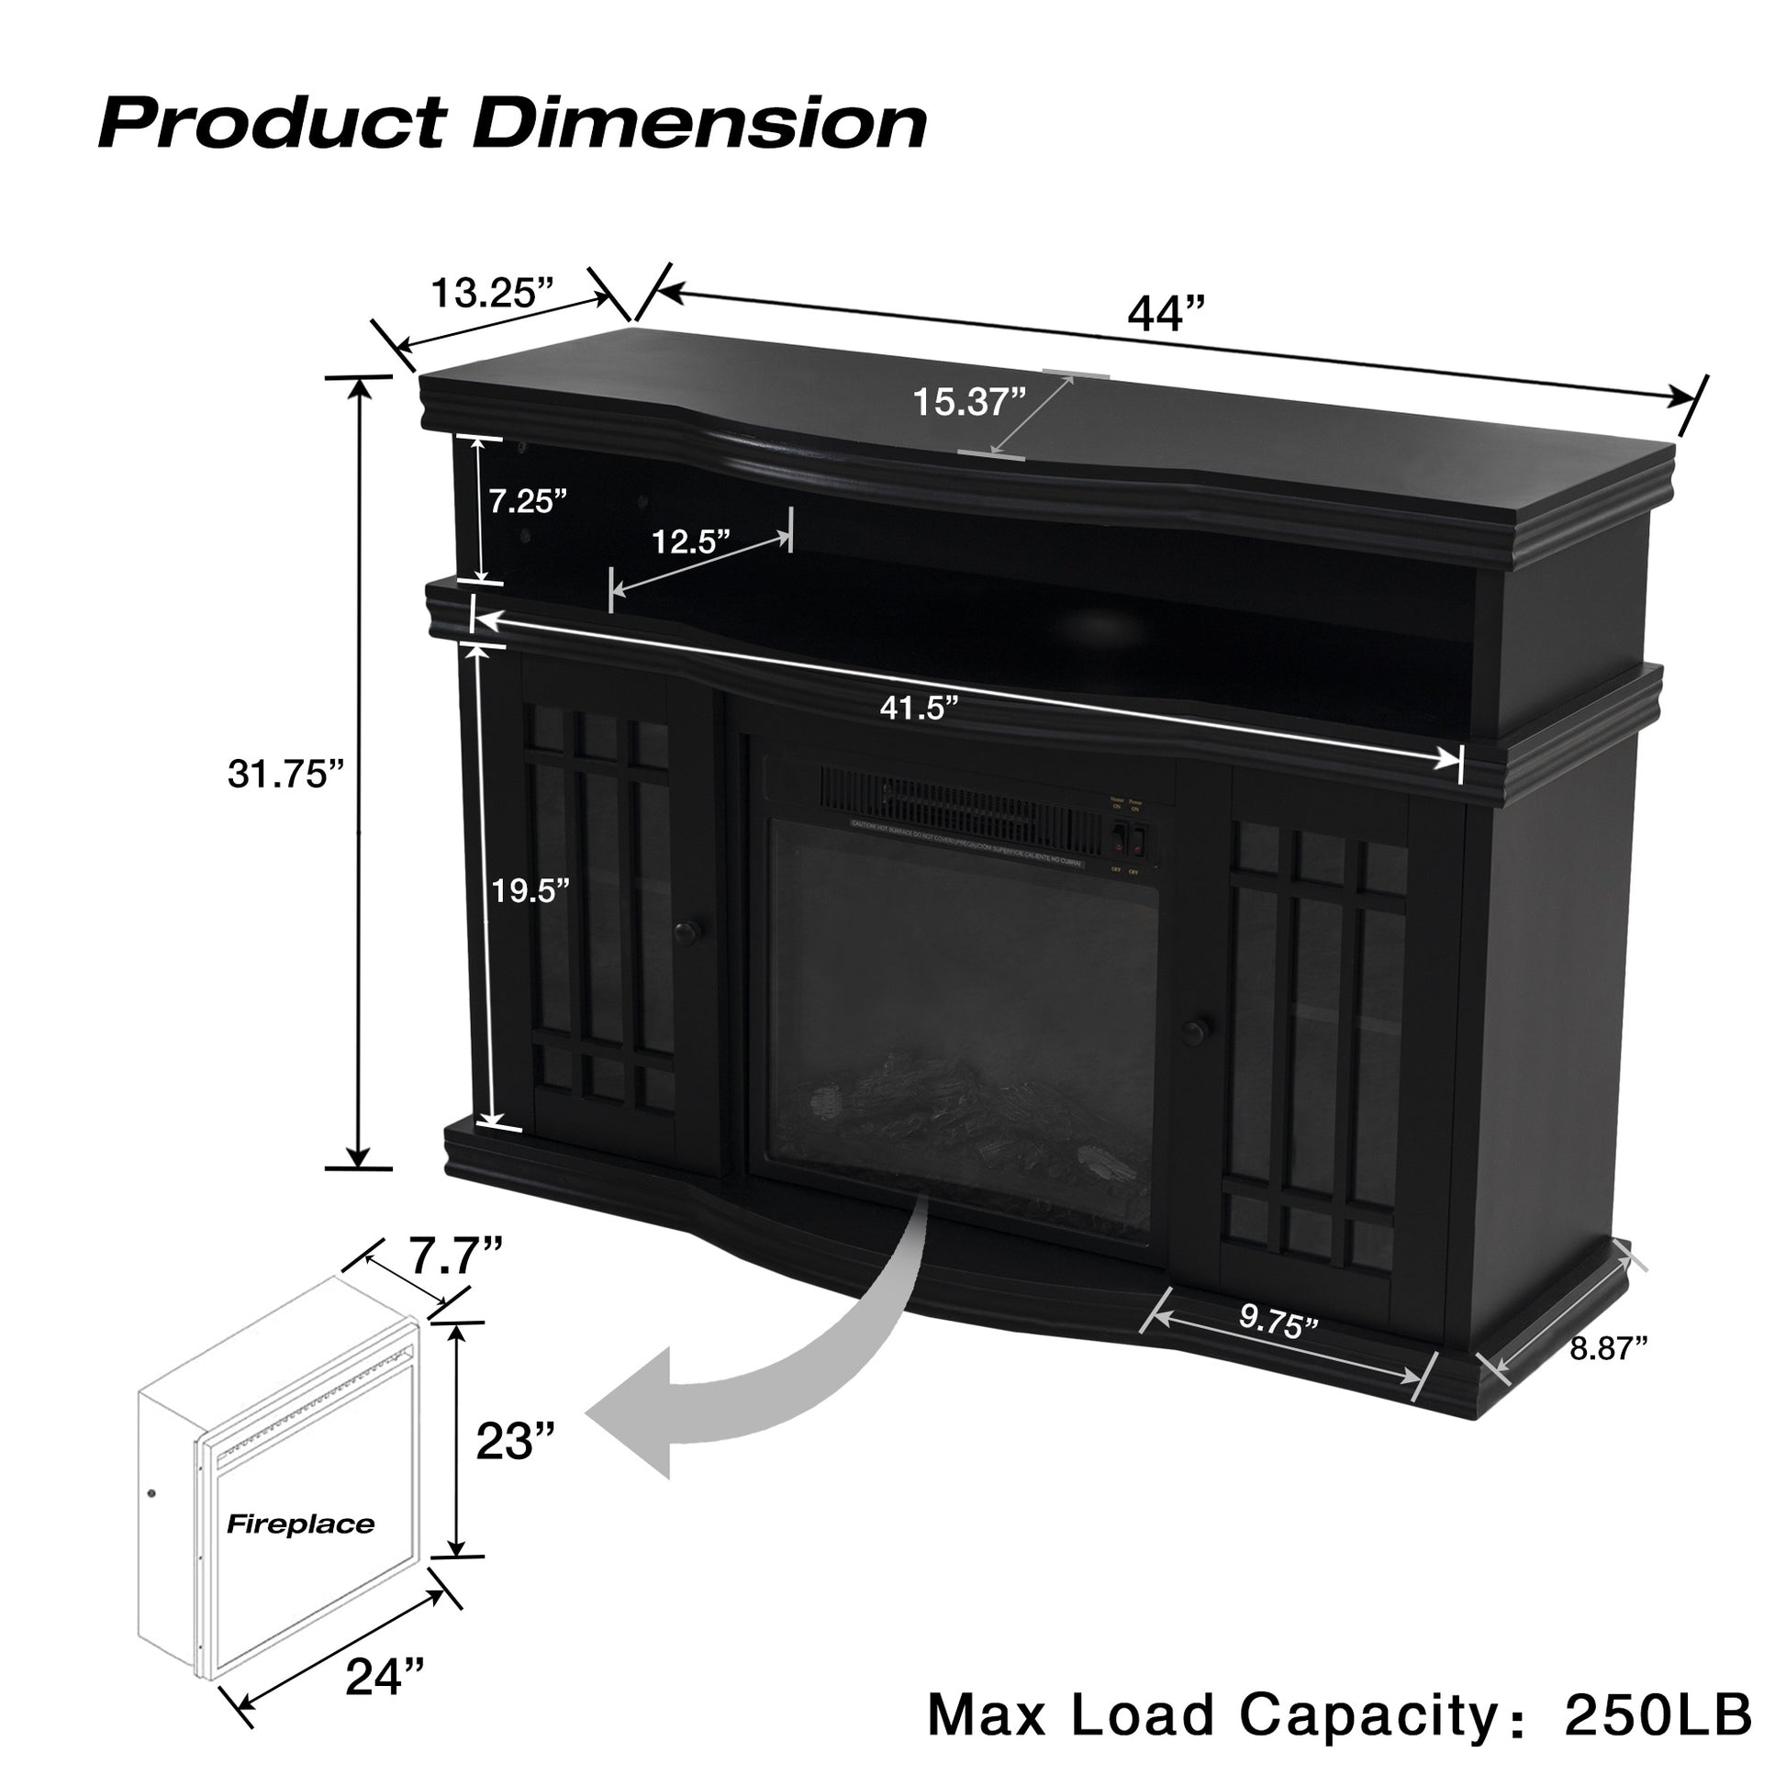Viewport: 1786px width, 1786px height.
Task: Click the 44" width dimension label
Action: coord(1167,315)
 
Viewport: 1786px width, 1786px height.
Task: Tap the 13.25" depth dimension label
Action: coord(492,292)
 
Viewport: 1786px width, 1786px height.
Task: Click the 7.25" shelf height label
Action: coord(527,502)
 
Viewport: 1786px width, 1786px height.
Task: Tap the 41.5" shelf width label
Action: coord(918,709)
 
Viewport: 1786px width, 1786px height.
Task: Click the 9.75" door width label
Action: coord(1278,1324)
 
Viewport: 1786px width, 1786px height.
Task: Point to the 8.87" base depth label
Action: coord(1610,1349)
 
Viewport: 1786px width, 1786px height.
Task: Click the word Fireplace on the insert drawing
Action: coord(300,1524)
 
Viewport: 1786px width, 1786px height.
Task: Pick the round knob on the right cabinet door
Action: coord(1200,1029)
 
